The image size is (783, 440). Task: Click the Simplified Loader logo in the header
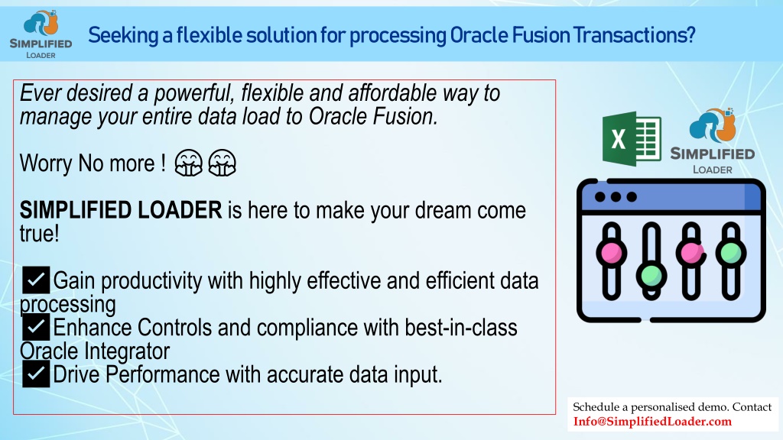pyautogui.click(x=41, y=34)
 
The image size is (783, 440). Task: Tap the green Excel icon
pyautogui.click(x=632, y=139)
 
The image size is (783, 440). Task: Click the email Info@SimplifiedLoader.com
pyautogui.click(x=652, y=422)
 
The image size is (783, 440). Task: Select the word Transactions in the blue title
pyautogui.click(x=634, y=35)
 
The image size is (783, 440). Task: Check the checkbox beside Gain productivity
pyautogui.click(x=35, y=280)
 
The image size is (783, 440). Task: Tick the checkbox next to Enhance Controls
pyautogui.click(x=35, y=327)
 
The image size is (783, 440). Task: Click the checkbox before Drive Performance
pyautogui.click(x=35, y=374)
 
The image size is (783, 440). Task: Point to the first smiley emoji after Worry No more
pyautogui.click(x=188, y=163)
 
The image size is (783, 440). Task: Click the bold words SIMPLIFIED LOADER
pyautogui.click(x=121, y=210)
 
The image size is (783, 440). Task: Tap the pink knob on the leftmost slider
pyautogui.click(x=611, y=252)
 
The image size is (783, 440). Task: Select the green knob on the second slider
pyautogui.click(x=651, y=275)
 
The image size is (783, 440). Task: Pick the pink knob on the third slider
pyautogui.click(x=691, y=252)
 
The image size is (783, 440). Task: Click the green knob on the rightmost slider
pyautogui.click(x=731, y=252)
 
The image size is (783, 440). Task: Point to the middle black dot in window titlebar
pyautogui.click(x=616, y=197)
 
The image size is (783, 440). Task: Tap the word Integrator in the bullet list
pyautogui.click(x=127, y=351)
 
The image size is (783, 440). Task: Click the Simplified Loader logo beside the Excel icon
pyautogui.click(x=713, y=141)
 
